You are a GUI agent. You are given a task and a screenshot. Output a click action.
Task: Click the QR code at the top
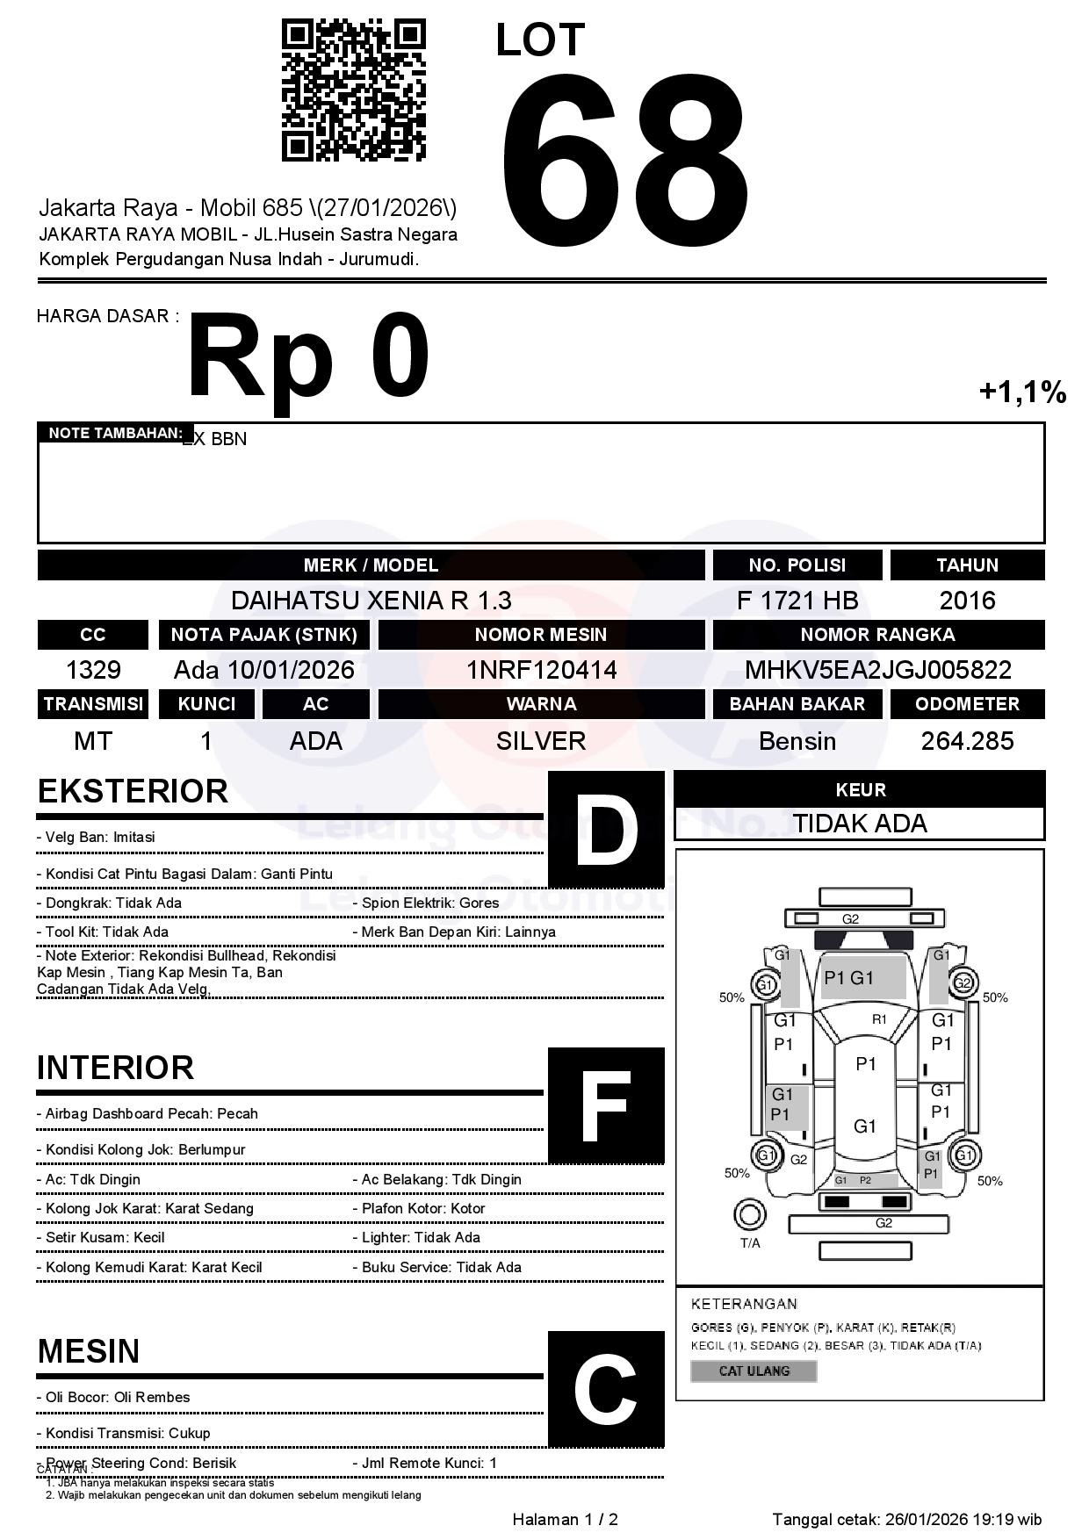coord(353,90)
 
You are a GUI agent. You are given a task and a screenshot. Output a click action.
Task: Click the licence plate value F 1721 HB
coord(797,601)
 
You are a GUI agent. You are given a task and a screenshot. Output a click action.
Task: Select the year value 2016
coord(967,601)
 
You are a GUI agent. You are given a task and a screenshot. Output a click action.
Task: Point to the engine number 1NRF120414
coord(541,671)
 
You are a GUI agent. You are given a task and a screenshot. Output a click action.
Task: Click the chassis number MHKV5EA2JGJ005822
coord(877,671)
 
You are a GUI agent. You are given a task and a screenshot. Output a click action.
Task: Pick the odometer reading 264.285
coord(967,741)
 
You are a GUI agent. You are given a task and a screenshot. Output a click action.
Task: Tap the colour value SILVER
coord(541,741)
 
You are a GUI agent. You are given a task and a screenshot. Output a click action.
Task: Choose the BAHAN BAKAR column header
coord(797,704)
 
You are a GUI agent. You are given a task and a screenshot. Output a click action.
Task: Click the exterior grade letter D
coord(606,829)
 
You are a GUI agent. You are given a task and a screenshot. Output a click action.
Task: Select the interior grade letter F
coord(606,1105)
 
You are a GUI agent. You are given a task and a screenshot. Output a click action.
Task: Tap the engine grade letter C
coord(606,1389)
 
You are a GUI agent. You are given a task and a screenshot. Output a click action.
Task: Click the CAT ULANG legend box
coord(754,1371)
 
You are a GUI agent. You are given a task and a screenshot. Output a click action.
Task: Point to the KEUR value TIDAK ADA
coord(860,824)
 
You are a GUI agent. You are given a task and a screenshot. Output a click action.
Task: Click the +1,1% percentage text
coord(1022,392)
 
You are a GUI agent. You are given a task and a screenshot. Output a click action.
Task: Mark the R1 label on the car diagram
coord(879,1019)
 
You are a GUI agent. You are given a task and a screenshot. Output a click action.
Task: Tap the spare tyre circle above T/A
coord(749,1215)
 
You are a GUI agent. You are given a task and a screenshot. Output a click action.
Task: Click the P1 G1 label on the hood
coord(849,978)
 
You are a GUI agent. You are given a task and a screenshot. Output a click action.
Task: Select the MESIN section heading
coord(89,1351)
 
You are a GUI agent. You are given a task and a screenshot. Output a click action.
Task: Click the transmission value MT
coord(93,741)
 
